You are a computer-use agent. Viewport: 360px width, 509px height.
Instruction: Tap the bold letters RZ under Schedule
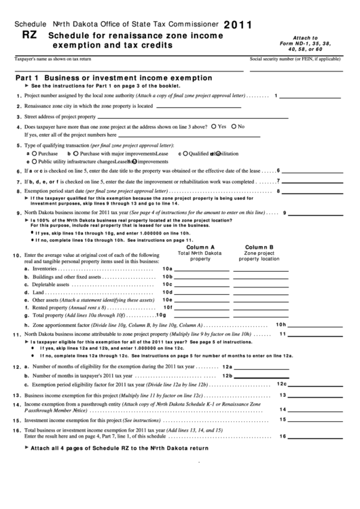coord(30,34)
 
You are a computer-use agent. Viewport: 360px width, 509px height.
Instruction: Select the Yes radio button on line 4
coord(214,126)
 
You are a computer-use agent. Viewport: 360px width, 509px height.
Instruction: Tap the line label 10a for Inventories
coord(167,269)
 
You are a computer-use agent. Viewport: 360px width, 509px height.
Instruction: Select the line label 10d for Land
coord(167,292)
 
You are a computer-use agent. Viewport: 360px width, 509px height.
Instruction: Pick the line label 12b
coord(228,375)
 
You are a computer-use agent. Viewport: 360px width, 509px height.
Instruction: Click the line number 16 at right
coord(283,436)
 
